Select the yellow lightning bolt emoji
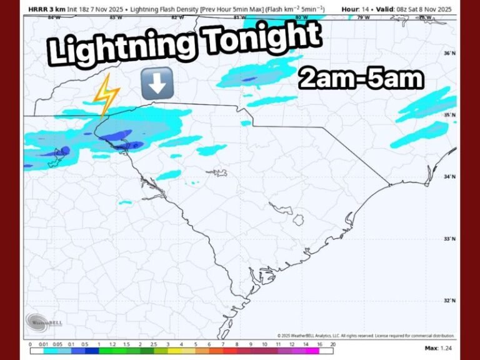[x=106, y=96]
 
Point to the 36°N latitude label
[x=449, y=54]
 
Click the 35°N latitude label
[x=449, y=116]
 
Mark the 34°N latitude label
[x=449, y=177]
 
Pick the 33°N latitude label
[x=449, y=239]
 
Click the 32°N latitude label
[x=449, y=301]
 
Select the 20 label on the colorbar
[x=334, y=344]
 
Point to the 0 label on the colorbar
[x=30, y=344]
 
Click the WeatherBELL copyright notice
[x=366, y=336]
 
